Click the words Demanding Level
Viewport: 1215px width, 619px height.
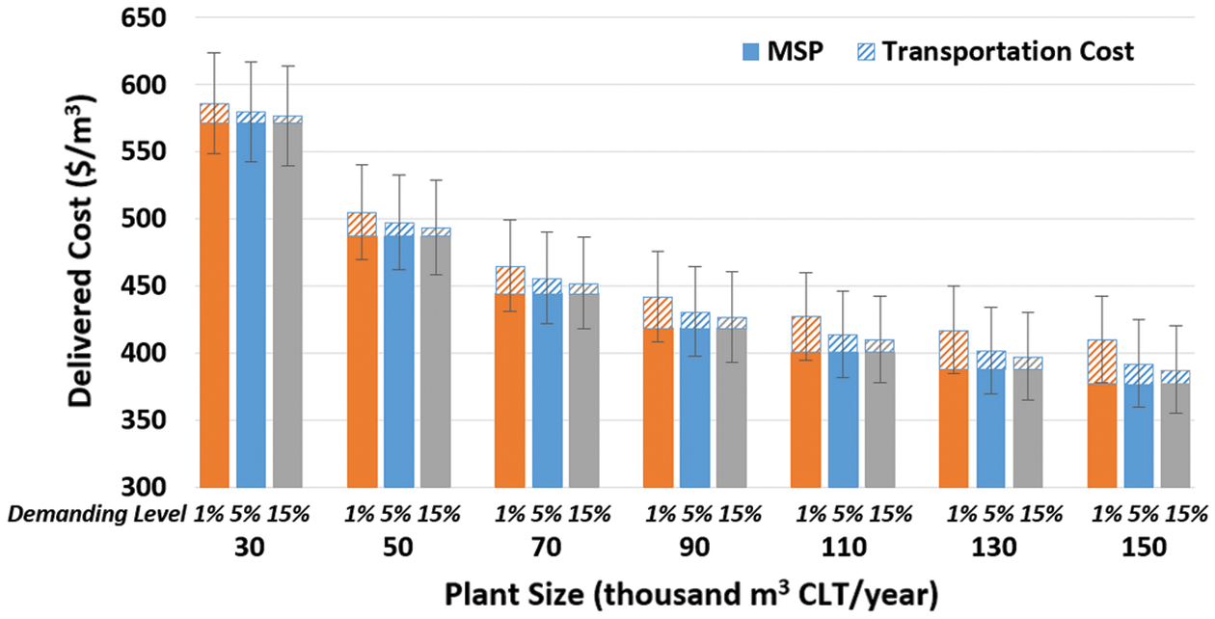[x=97, y=514]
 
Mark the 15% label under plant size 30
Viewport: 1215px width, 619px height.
[x=287, y=514]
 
